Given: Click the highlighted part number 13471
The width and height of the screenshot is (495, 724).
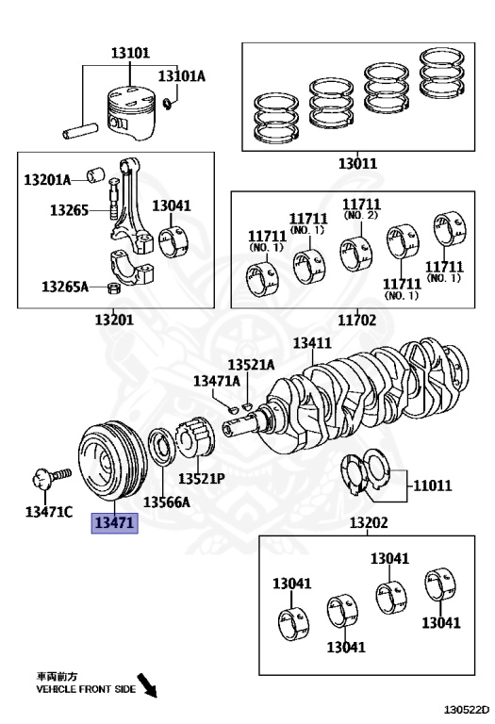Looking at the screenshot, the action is (x=114, y=522).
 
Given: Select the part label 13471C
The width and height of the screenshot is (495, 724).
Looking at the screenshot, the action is (x=48, y=512).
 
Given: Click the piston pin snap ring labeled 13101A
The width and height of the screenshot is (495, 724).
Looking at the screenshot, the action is (x=169, y=104).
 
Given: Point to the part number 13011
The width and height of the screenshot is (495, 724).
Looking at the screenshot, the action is (x=358, y=163).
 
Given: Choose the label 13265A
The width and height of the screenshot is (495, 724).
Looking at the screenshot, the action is (x=65, y=287).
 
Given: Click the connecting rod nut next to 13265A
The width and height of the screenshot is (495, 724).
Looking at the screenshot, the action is (x=113, y=288).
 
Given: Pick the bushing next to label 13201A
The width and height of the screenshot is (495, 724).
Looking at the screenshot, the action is (x=95, y=175).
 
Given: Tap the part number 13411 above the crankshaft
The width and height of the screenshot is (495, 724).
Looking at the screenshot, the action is (x=312, y=343).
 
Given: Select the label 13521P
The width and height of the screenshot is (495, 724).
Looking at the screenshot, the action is (x=202, y=478).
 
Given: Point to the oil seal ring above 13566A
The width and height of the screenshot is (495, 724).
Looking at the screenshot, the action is (x=161, y=447).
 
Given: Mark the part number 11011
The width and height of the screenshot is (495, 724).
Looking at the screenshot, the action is (x=432, y=485).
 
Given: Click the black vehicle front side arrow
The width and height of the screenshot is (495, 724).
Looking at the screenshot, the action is (x=148, y=685).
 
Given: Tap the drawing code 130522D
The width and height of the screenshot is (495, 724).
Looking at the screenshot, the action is (x=467, y=709).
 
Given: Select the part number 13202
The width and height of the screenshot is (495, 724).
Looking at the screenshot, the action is (x=369, y=522).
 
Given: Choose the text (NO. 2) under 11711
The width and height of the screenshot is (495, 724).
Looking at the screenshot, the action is (x=360, y=215).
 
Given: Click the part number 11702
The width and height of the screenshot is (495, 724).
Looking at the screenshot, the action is (x=357, y=320).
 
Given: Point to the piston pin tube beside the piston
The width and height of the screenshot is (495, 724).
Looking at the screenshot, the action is (x=80, y=131).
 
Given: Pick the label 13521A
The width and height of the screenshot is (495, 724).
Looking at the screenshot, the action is (x=251, y=365).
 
